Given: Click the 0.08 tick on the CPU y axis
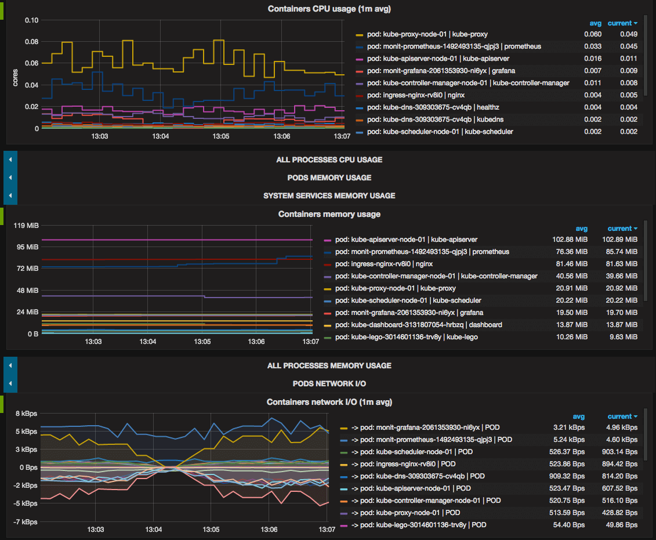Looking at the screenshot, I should [31, 42].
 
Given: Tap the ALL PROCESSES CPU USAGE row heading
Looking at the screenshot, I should [329, 160].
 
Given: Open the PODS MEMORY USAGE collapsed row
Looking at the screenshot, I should [329, 177].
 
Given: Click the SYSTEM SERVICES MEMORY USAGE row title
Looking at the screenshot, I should [329, 195].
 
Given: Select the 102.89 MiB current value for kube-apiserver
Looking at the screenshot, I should [619, 240].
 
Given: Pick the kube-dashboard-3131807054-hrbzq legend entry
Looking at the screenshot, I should [426, 325].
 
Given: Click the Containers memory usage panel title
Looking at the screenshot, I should [329, 214].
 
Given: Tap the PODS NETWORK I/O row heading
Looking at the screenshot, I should [329, 383].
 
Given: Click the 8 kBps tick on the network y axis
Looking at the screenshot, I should [26, 414].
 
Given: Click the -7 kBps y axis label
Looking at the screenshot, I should [26, 522].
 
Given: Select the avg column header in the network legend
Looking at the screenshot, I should [578, 416].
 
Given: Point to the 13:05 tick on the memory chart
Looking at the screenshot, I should [202, 342].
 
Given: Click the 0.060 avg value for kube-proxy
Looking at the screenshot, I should [592, 34].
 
